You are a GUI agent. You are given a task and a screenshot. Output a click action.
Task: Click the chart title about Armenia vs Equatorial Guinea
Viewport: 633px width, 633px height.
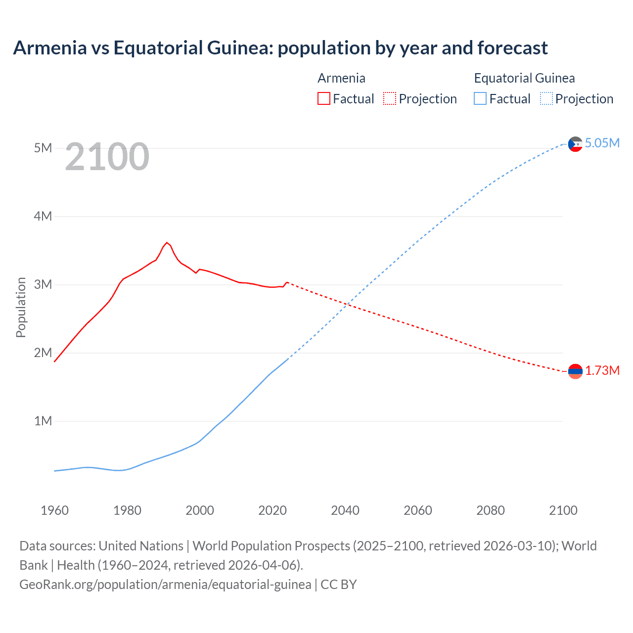(280, 48)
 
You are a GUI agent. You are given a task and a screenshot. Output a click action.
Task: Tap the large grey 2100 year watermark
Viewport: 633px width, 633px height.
(107, 157)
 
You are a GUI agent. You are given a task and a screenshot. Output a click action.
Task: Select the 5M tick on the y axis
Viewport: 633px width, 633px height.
(43, 148)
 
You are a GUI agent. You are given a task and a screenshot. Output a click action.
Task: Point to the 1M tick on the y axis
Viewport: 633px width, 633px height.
(43, 421)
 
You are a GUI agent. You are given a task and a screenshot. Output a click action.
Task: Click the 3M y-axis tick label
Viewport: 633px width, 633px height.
(43, 284)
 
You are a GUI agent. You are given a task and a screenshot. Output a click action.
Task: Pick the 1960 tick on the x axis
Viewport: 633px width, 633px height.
(54, 510)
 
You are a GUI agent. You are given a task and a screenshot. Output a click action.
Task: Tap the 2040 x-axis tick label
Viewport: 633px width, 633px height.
(345, 510)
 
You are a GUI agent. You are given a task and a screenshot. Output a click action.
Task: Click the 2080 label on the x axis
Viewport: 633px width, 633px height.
(491, 510)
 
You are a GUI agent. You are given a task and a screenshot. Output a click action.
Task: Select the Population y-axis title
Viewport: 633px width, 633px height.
(21, 307)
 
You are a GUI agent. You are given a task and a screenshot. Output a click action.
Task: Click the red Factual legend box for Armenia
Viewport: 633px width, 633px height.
(324, 99)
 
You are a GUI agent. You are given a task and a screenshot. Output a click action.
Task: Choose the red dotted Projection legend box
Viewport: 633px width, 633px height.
(390, 99)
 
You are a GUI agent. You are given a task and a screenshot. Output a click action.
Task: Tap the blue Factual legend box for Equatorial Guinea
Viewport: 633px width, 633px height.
(480, 99)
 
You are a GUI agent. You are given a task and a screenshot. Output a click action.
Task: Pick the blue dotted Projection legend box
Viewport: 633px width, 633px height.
(546, 99)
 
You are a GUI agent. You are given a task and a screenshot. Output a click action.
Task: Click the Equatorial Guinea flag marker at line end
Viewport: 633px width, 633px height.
(575, 144)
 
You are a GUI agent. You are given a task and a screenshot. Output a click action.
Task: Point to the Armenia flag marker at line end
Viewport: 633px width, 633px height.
(575, 371)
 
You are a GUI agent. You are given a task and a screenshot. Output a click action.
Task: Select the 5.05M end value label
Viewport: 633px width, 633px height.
(602, 143)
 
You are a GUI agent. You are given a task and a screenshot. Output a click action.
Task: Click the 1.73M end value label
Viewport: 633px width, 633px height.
(602, 371)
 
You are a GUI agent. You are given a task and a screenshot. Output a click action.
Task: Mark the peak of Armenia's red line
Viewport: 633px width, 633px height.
(167, 242)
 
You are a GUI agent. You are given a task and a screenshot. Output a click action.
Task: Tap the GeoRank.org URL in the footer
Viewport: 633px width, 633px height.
(165, 585)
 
